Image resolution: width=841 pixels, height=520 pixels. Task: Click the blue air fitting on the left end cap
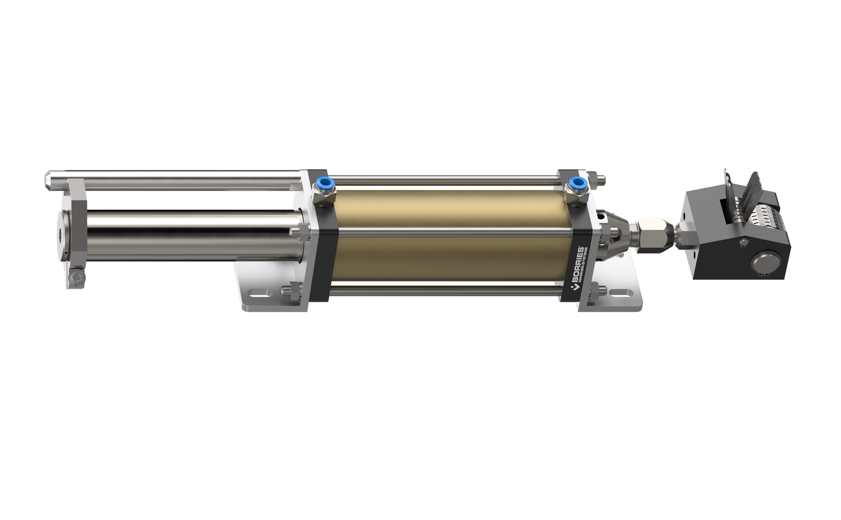(x=324, y=184)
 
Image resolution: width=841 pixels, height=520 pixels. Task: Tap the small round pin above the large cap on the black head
(x=743, y=242)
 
